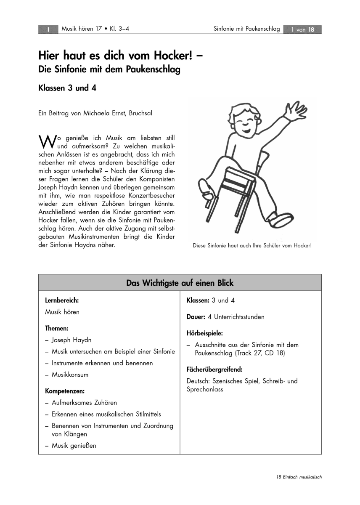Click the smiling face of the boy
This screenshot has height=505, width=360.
pos(245,122)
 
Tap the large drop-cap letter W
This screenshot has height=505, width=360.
pos(46,141)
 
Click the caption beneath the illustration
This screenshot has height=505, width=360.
pos(252,245)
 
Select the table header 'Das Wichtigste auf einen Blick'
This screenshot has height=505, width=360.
pos(180,283)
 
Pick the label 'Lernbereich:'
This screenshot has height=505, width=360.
pos(62,300)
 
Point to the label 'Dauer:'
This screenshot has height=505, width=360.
pos(196,316)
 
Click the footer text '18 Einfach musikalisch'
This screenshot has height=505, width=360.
pos(299,477)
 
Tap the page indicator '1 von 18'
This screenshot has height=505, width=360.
pos(302,29)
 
